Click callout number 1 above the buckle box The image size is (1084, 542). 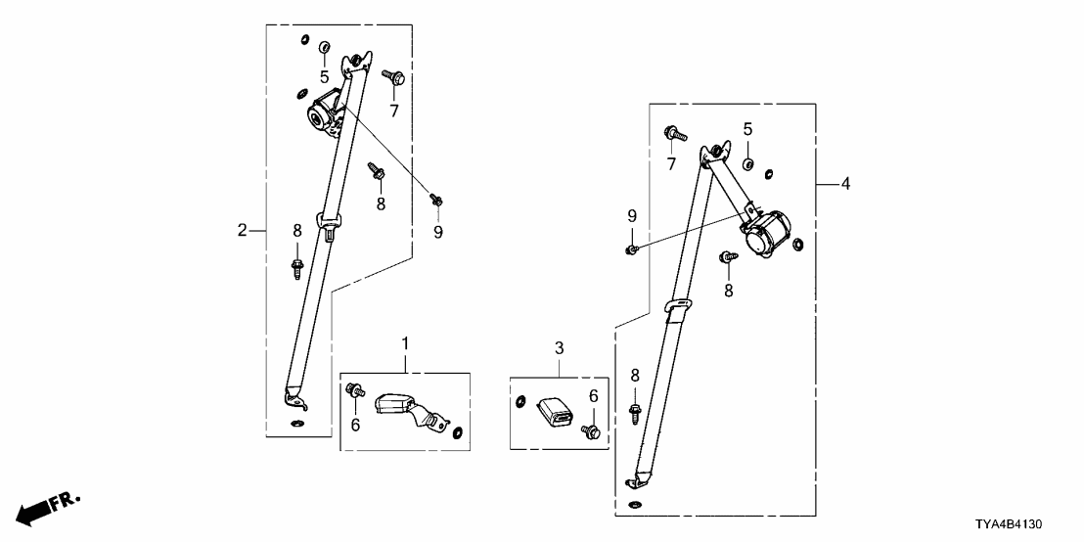coord(405,343)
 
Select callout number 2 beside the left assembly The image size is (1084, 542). coord(242,231)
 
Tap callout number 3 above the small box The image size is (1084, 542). coord(560,348)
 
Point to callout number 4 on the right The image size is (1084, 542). coord(846,183)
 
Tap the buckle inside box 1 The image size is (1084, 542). coord(404,406)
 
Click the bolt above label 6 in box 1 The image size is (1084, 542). coord(354,391)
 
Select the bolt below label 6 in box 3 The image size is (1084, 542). coord(591,430)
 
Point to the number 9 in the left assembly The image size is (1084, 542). coord(438,232)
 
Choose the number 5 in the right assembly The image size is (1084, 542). coord(747,129)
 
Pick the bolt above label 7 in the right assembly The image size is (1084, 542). coord(674,132)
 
